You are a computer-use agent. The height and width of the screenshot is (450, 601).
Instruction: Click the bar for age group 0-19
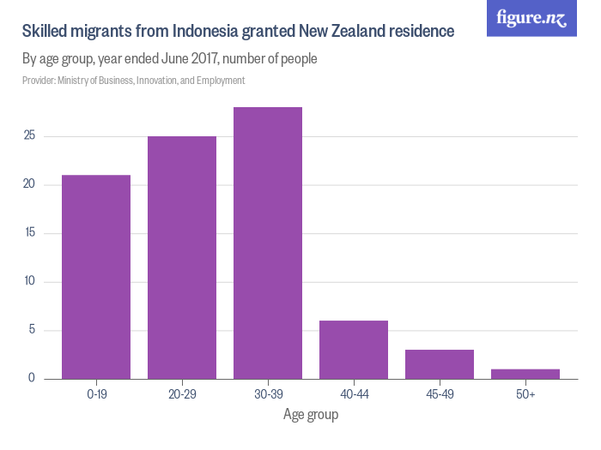(x=96, y=277)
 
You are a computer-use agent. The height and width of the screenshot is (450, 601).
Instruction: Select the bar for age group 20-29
(x=182, y=257)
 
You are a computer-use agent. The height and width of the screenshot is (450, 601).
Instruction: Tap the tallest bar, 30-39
(x=268, y=243)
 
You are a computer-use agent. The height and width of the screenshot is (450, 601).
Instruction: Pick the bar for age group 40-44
(x=354, y=350)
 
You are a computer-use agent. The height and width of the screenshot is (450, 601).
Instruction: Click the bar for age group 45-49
(x=440, y=364)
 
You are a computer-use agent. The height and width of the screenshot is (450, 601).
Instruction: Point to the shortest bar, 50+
(x=525, y=374)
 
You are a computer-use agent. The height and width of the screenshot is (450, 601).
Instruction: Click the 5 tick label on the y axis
(x=31, y=330)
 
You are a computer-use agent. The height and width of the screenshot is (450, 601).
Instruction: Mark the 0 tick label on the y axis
(x=31, y=378)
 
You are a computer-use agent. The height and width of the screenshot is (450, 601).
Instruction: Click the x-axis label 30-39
(x=268, y=393)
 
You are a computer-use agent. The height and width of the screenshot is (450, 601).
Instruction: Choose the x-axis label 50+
(x=525, y=393)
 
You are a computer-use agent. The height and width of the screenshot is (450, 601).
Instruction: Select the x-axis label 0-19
(x=96, y=393)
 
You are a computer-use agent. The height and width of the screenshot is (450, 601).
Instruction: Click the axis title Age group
(x=311, y=415)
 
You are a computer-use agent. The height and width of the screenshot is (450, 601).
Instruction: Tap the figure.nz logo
(x=531, y=18)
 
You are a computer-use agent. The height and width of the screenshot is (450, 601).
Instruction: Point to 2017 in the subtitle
(x=215, y=59)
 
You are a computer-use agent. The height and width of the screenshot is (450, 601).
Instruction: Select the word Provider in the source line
(x=39, y=81)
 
